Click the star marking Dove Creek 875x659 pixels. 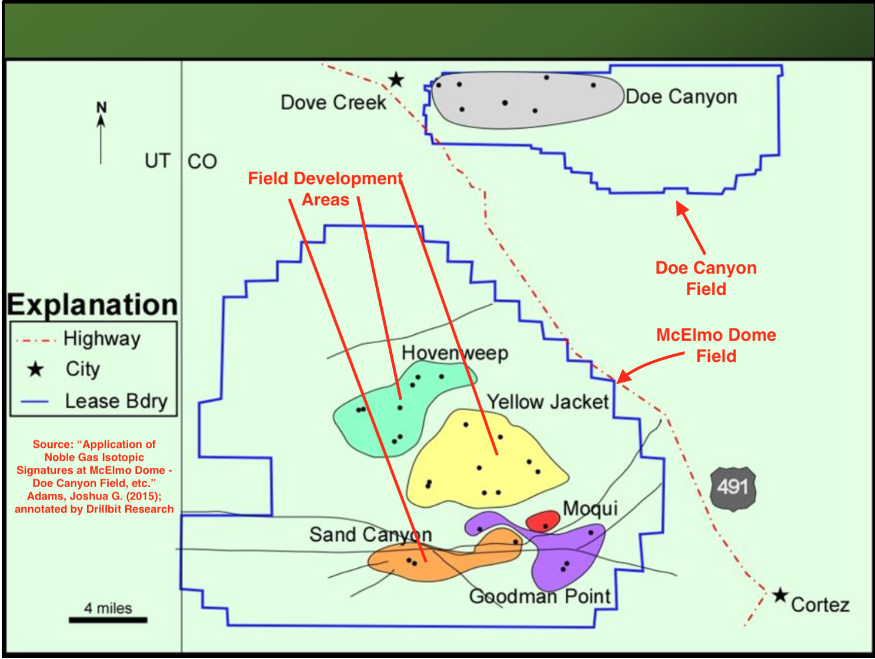point(396,79)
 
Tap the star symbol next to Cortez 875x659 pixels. point(780,595)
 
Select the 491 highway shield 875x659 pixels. point(732,487)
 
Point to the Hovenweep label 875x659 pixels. point(455,353)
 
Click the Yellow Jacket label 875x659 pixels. point(547,402)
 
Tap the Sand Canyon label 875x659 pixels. point(370,534)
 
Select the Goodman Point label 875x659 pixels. point(540,596)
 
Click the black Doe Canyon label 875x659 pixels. point(681,96)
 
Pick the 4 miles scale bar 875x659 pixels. point(108,619)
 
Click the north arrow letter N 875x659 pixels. point(101,108)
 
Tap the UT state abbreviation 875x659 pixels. point(158,161)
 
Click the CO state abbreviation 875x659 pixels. point(202,161)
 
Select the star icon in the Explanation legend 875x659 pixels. point(35,370)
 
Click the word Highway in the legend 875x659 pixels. point(102,338)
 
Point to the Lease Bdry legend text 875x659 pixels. point(116,401)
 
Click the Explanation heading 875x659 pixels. point(92,305)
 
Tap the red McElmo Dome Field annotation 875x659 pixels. point(716,345)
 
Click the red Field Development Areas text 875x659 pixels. point(325,189)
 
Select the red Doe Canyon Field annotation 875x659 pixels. point(706,278)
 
